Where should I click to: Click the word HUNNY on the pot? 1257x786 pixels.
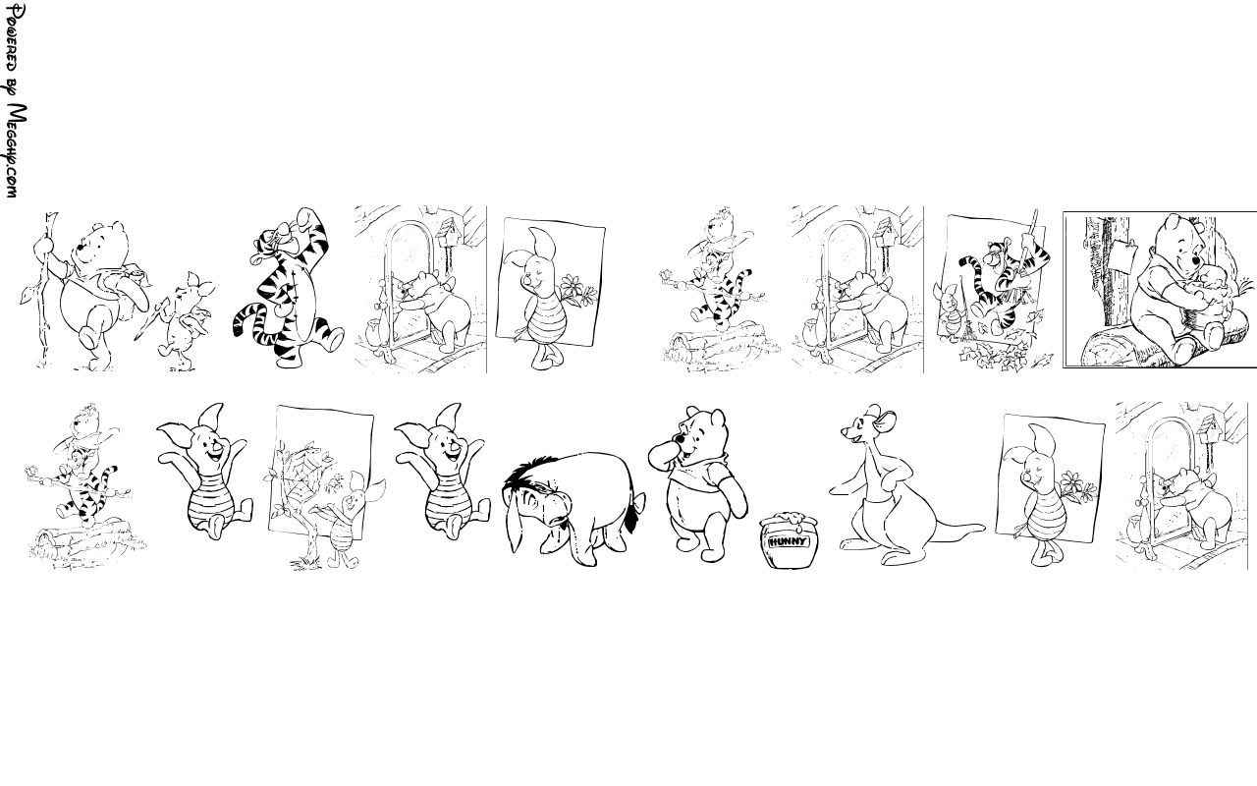click(788, 541)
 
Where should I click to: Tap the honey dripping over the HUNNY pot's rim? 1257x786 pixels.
click(791, 520)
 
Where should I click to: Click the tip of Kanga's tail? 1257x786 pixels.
click(982, 528)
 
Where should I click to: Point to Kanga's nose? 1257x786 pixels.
click(844, 431)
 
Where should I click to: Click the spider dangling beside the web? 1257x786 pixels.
click(335, 480)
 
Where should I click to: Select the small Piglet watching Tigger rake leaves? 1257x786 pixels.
click(950, 313)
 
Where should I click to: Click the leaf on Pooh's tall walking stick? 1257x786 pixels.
click(26, 296)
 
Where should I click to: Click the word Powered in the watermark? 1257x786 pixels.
click(15, 37)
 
